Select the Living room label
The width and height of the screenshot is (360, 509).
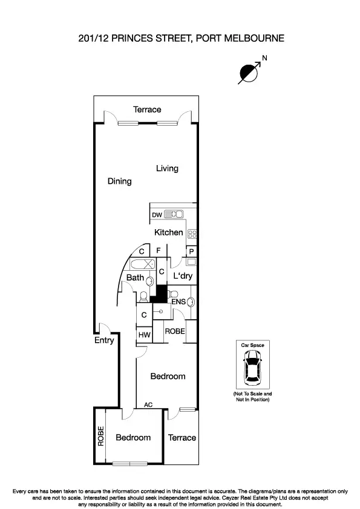pyautogui.click(x=167, y=169)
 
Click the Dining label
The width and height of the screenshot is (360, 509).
pyautogui.click(x=119, y=181)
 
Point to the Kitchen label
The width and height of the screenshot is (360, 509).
pyautogui.click(x=168, y=233)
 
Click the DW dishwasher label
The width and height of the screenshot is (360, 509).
pyautogui.click(x=157, y=215)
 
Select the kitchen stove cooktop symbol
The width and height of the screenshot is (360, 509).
pyautogui.click(x=193, y=233)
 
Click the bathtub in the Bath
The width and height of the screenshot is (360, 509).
pyautogui.click(x=143, y=265)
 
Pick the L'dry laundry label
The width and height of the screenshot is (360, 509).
pyautogui.click(x=183, y=276)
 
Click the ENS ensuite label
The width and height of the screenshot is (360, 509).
pyautogui.click(x=178, y=302)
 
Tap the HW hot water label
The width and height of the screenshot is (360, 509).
pyautogui.click(x=144, y=335)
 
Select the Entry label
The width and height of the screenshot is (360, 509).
pyautogui.click(x=104, y=340)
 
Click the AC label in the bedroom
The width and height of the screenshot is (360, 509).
pyautogui.click(x=148, y=405)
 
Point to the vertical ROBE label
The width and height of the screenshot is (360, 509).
pyautogui.click(x=101, y=436)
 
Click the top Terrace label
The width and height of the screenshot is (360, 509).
pyautogui.click(x=147, y=109)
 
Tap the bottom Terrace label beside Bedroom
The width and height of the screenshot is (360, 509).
pyautogui.click(x=182, y=438)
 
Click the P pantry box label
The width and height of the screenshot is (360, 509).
pyautogui.click(x=191, y=251)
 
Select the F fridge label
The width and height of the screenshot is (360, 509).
pyautogui.click(x=158, y=250)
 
